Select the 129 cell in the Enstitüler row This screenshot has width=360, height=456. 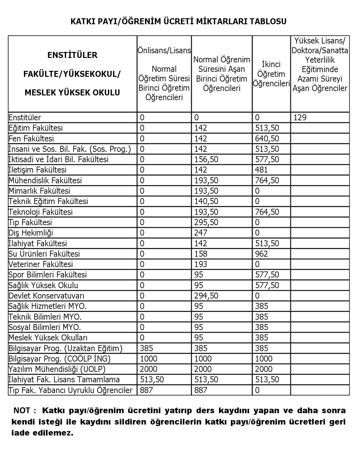(x=300, y=117)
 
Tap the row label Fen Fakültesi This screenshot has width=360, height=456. (x=31, y=139)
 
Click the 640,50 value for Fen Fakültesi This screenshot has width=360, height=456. (x=267, y=139)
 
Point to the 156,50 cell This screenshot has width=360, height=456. (x=206, y=159)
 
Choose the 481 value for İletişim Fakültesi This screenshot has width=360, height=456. (x=262, y=170)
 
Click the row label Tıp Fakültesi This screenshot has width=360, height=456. (x=30, y=222)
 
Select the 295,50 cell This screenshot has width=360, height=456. (x=206, y=222)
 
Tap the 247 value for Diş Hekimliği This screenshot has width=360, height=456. (x=201, y=233)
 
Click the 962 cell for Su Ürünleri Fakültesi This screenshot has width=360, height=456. (x=262, y=254)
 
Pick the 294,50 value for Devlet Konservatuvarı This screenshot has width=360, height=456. (x=206, y=296)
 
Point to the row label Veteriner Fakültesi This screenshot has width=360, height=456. (x=41, y=264)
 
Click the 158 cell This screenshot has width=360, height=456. (x=201, y=254)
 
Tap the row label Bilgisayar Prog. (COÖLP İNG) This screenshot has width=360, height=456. (x=59, y=359)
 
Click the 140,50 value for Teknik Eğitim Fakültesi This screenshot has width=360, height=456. (x=206, y=201)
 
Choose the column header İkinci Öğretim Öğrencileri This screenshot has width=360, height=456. (x=271, y=74)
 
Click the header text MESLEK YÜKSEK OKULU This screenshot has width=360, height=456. (x=72, y=93)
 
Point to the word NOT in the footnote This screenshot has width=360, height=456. (x=22, y=411)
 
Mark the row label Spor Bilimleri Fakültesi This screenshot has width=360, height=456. (x=48, y=275)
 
